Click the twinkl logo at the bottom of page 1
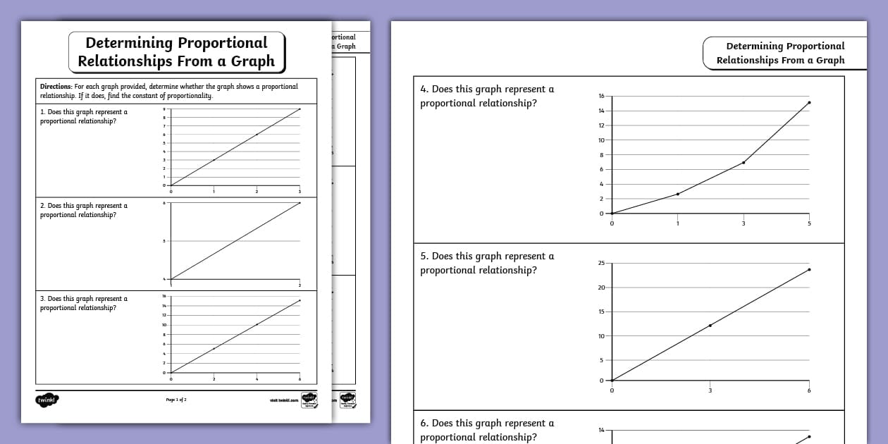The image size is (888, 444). pos(47,400)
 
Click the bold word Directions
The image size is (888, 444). pos(56,87)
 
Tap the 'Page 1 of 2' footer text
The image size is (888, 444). pos(176,400)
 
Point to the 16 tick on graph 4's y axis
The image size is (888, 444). pos(601,96)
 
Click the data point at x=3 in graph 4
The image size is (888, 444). pos(744,162)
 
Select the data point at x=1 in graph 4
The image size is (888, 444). pos(677,194)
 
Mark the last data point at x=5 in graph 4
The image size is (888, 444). pos(809,102)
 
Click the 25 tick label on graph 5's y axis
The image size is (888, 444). pos(601,264)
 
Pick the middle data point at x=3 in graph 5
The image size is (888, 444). pos(710,326)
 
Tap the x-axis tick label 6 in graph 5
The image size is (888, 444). pos(809,390)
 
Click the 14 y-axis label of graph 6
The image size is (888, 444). pos(601,430)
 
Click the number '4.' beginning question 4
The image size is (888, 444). pos(424,90)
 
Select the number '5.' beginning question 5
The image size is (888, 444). pos(424,257)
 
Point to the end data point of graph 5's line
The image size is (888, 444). pos(809,269)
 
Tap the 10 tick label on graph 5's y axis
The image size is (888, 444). pos(601,336)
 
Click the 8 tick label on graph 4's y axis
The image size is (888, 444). pos(601,155)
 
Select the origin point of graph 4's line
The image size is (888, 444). pos(612,214)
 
